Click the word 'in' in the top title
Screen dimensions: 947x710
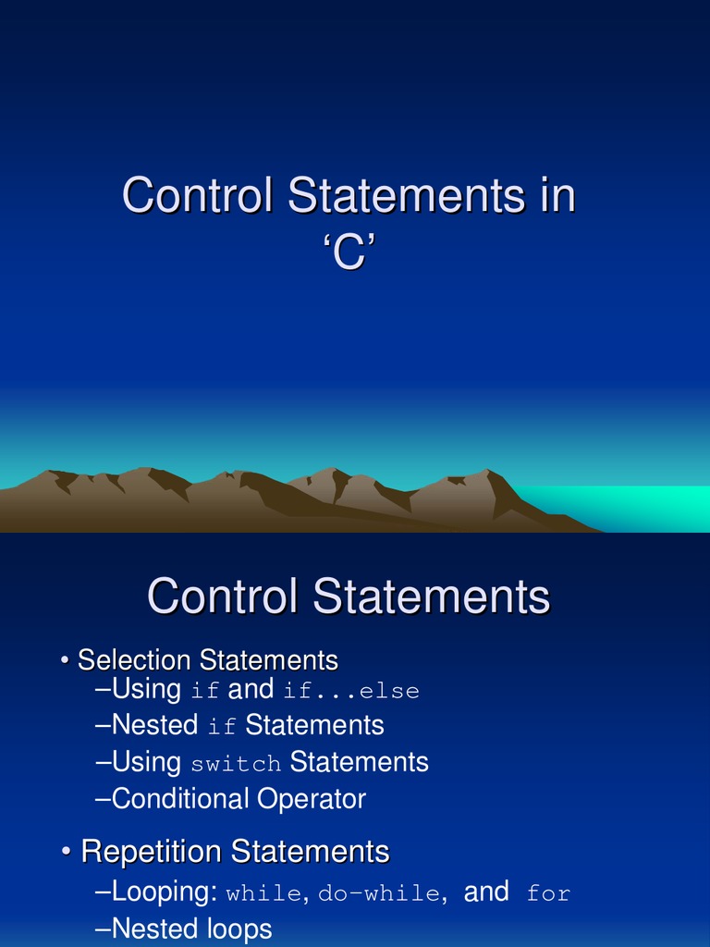(x=552, y=196)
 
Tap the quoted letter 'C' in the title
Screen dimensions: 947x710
(x=349, y=252)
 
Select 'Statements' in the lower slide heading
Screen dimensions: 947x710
(x=432, y=596)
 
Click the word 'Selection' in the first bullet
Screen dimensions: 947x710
(x=135, y=660)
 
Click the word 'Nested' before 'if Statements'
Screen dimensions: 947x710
(x=154, y=725)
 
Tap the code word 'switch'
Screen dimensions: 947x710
(x=236, y=765)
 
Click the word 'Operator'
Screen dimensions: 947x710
(x=312, y=799)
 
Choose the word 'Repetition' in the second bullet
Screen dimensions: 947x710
(x=153, y=851)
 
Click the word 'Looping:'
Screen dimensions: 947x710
(x=164, y=892)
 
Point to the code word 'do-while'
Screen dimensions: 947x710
(x=379, y=894)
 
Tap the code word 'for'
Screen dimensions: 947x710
(x=548, y=894)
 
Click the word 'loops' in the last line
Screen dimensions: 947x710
(x=239, y=929)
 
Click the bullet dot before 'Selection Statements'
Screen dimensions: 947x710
(x=66, y=661)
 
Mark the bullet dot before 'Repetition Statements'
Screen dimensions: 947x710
(x=67, y=852)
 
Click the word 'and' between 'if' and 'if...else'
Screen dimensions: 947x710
(x=251, y=689)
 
